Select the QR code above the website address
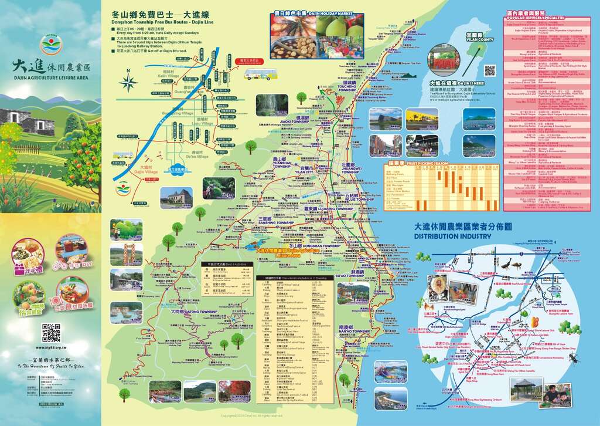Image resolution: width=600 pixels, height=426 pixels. coord(51,332)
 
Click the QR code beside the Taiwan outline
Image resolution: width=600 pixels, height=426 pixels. coord(490,70)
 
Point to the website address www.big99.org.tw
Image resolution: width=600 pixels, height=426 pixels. coord(51,347)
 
